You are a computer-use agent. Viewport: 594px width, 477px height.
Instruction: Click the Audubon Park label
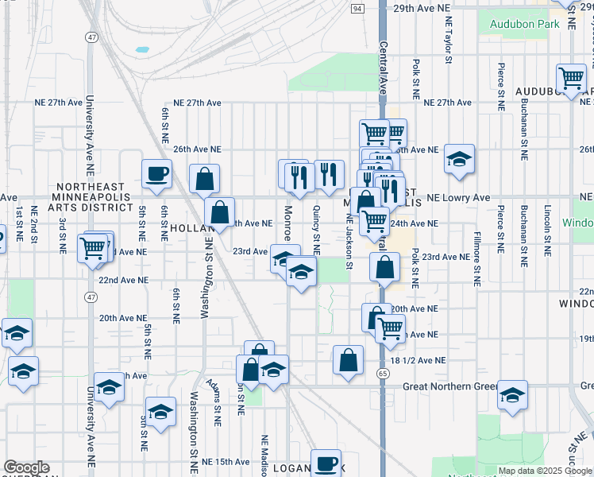point(524,24)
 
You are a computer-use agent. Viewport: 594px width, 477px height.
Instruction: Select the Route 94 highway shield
point(358,9)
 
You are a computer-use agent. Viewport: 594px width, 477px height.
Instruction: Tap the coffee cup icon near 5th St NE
point(156,173)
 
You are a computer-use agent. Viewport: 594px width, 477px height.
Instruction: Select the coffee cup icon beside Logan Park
point(325,463)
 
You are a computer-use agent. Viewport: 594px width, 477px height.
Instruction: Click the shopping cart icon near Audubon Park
point(571,78)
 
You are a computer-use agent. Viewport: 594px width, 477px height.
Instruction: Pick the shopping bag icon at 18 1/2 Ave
point(348,360)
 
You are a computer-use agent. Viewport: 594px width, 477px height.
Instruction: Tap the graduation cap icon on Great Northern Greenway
point(512,394)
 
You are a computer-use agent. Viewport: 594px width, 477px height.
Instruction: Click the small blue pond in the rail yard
point(142,49)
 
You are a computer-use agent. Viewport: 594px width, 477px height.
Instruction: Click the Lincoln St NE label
point(547,231)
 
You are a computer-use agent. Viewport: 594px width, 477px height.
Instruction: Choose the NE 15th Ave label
point(220,462)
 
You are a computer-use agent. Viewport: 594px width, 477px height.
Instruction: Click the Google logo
point(26,467)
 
